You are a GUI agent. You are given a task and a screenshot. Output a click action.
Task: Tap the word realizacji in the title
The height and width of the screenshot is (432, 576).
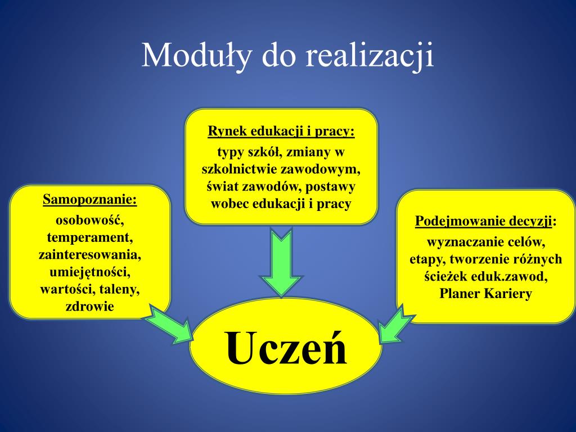coord(370,56)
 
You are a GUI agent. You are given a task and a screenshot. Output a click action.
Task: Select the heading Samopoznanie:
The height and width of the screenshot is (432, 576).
coord(90,200)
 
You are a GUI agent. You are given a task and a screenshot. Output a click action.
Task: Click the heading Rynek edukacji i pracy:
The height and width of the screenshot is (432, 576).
coord(281,131)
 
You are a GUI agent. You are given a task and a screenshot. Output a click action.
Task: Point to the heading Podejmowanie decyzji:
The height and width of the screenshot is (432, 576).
coord(485,222)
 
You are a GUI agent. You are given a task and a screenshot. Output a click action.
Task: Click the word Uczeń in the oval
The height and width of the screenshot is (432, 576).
coord(286,348)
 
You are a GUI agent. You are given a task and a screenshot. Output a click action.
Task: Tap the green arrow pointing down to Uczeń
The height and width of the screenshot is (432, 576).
coord(281,262)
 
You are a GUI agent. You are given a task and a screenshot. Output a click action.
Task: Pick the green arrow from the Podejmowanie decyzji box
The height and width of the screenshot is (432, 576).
coord(397,324)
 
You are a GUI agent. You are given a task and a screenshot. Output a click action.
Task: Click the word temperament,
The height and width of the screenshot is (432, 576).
coord(90,237)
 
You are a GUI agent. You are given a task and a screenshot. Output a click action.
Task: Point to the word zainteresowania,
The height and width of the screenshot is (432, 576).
coord(90,255)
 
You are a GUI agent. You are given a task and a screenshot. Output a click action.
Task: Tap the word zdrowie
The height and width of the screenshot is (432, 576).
coord(90,307)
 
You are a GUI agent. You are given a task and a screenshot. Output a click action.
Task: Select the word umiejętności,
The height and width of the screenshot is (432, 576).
coord(90,272)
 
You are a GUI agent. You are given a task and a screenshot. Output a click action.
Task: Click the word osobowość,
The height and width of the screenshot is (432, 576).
coord(90,220)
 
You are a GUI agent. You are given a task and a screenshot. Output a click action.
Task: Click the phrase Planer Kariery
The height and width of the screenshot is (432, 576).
coord(485,294)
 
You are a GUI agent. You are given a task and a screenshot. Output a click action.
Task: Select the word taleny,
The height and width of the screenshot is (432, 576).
coord(120,290)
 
